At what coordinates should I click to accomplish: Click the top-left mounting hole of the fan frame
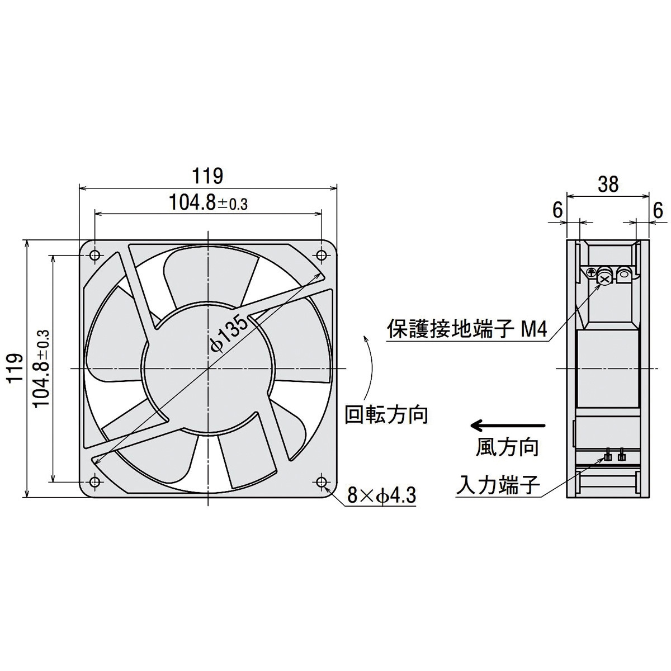coord(94,256)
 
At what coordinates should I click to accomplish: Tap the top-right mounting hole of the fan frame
coord(322,256)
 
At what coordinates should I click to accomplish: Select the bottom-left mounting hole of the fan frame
coord(94,481)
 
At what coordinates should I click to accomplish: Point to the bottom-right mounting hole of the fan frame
coord(322,481)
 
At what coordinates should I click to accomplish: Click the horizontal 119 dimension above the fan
coord(208,176)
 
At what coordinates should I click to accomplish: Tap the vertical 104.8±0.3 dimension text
coord(41,368)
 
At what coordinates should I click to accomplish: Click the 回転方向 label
coord(386,415)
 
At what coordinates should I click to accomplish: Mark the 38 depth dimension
coord(608,184)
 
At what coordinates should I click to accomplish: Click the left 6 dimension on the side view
coord(557,210)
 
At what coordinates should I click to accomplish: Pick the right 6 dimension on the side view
coord(658,210)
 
